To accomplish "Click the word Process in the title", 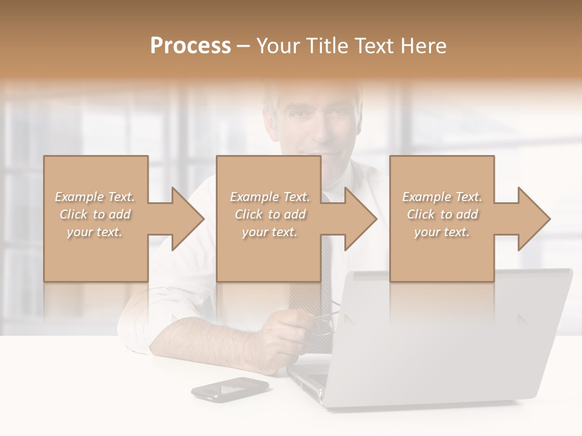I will coord(190,46).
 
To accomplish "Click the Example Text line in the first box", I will coord(95,197).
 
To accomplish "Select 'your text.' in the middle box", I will coord(269,232).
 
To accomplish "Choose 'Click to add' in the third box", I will coord(443,214).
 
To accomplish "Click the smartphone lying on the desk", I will coord(230,389).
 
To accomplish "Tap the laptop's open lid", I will coord(455,333).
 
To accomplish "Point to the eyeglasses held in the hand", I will coord(324,321).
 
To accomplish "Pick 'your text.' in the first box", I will coord(95,232).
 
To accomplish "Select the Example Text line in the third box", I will coord(442,197).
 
